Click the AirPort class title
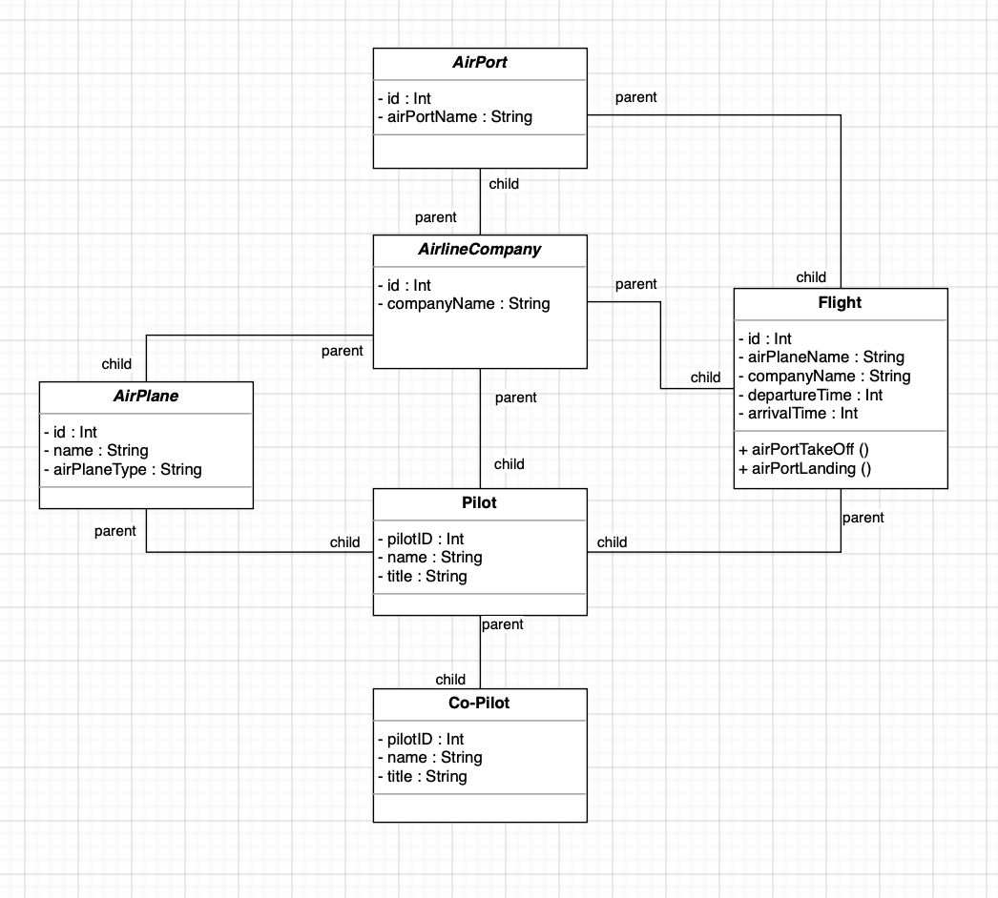tap(479, 63)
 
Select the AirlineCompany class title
tap(479, 250)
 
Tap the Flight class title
tap(840, 303)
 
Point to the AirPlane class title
tap(146, 396)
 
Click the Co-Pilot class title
tap(479, 703)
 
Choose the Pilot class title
tap(479, 503)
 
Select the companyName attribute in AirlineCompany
tap(464, 304)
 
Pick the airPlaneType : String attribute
tap(122, 469)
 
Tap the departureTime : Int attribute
tap(810, 395)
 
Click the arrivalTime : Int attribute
tap(798, 413)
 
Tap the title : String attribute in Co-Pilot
tap(422, 776)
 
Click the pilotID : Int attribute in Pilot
tap(420, 539)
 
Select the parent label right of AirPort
tap(635, 97)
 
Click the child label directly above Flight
tap(811, 277)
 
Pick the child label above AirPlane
tap(116, 363)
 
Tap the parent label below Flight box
tap(863, 518)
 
